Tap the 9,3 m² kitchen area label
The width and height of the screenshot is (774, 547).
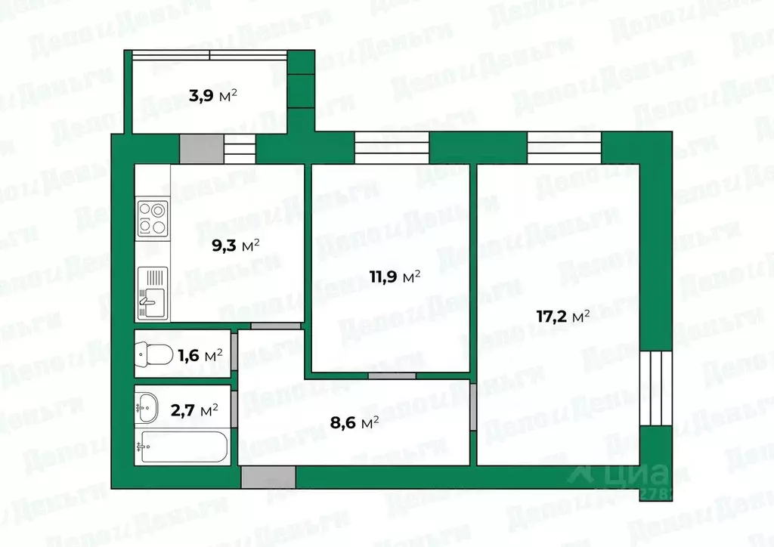(234, 245)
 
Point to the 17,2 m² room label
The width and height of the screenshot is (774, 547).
(563, 317)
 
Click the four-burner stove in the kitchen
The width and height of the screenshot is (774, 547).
(152, 218)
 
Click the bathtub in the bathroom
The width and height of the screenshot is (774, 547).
(181, 447)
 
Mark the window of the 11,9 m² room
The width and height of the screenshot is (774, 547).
(392, 147)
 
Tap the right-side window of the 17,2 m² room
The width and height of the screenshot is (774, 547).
(655, 388)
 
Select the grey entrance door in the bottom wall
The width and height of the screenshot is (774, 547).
(268, 477)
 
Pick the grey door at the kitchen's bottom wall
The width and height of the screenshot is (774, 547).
(276, 326)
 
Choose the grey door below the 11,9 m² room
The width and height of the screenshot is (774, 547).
(392, 375)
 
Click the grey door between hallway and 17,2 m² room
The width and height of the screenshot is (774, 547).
(472, 407)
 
